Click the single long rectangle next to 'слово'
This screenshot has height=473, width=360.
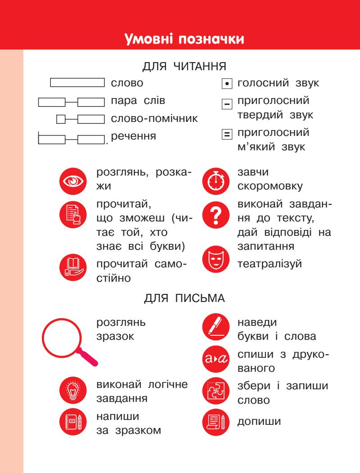pos(77,83)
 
